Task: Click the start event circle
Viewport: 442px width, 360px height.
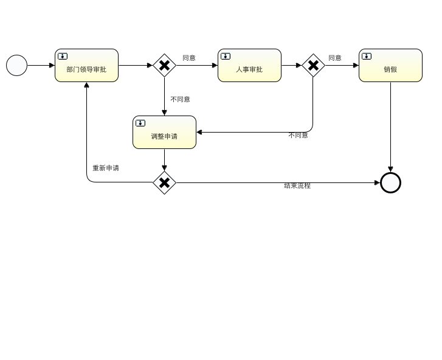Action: tap(17, 66)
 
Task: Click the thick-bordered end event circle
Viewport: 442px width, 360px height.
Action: tap(390, 182)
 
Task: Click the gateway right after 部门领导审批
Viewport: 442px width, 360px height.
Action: tap(164, 66)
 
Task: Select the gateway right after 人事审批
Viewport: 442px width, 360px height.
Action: tap(313, 66)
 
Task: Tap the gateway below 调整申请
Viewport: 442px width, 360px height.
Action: tap(164, 182)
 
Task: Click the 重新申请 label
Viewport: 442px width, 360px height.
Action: tap(106, 168)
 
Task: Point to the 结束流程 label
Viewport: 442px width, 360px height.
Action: tap(297, 185)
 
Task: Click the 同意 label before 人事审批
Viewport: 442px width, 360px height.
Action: tap(189, 58)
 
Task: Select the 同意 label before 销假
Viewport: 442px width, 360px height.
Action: tap(335, 58)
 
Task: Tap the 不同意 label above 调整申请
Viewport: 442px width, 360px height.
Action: tap(180, 99)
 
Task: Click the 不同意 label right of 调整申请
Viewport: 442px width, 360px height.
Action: tap(298, 135)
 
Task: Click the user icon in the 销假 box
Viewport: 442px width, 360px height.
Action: tap(367, 57)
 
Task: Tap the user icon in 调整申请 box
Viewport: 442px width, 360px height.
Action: tap(140, 123)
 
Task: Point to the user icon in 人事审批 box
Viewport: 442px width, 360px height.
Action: tap(226, 57)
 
